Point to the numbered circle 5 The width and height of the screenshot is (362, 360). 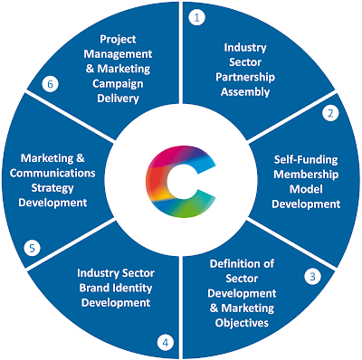(31, 246)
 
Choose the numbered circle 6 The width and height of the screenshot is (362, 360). (50, 84)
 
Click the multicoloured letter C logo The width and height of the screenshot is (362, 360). (180, 179)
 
